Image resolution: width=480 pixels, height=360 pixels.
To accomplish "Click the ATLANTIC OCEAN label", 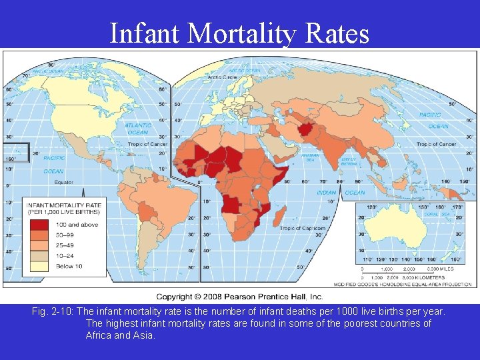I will pyautogui.click(x=137, y=128).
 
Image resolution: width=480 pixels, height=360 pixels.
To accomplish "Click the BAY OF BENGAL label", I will pyautogui.click(x=349, y=161).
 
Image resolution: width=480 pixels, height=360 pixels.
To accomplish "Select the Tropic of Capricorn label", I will pyautogui.click(x=303, y=229).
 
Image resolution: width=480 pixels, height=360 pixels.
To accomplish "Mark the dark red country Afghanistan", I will pyautogui.click(x=309, y=129).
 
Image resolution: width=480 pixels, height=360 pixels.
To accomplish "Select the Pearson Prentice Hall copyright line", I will pyautogui.click(x=239, y=297).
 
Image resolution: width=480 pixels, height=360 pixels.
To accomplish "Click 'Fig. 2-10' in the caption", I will pyautogui.click(x=52, y=312).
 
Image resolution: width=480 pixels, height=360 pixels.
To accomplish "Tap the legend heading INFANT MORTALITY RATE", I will pyautogui.click(x=64, y=205).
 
